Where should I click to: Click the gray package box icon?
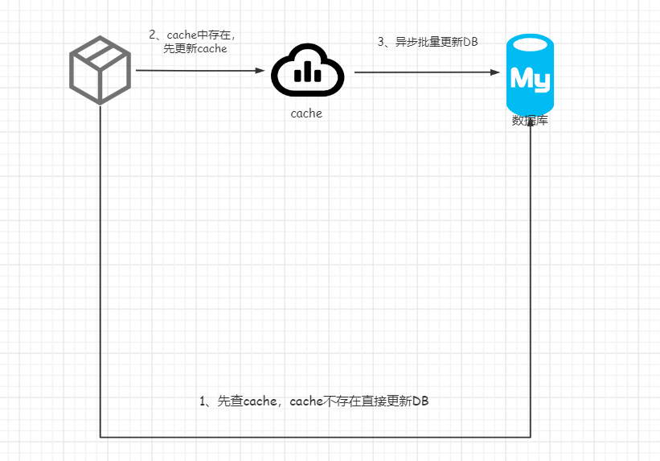(100, 70)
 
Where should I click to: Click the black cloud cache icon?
(308, 71)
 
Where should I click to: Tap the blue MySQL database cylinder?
(530, 74)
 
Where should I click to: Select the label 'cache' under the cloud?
(306, 114)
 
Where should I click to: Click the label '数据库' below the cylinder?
(530, 121)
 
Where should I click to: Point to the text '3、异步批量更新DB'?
(428, 42)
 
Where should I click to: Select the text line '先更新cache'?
(195, 49)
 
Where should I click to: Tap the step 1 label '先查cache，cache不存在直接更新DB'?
(314, 401)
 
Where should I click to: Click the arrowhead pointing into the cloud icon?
(260, 71)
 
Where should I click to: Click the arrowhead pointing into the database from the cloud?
(495, 72)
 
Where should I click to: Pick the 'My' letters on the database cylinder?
(530, 79)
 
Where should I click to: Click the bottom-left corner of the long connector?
(100, 437)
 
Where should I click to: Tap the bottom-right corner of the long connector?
(531, 437)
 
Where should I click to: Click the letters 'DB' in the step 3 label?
(471, 42)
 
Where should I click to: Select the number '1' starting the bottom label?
(203, 401)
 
